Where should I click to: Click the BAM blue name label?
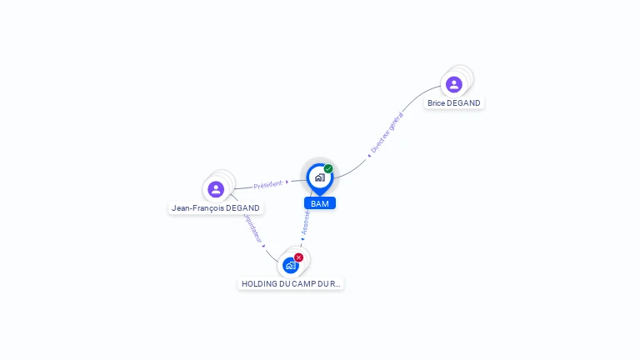point(319,203)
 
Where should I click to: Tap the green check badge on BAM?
point(328,169)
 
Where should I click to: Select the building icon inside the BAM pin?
point(319,177)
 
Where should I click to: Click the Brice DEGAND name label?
point(453,103)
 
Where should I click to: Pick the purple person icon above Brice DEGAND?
point(453,84)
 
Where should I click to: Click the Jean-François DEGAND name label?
point(216,208)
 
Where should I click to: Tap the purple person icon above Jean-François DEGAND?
point(216,189)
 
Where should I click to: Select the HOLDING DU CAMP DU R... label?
point(290,283)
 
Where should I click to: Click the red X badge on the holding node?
point(298,257)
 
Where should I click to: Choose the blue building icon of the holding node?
point(290,265)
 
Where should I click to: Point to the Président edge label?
point(267,184)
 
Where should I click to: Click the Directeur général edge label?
point(387,132)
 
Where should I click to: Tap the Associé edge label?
point(306,221)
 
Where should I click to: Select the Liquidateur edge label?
point(252,228)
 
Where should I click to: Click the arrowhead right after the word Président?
point(287,182)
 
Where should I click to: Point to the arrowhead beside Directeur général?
point(369,155)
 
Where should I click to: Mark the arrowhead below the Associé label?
point(302,238)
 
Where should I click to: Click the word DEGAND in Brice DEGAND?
point(464,103)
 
